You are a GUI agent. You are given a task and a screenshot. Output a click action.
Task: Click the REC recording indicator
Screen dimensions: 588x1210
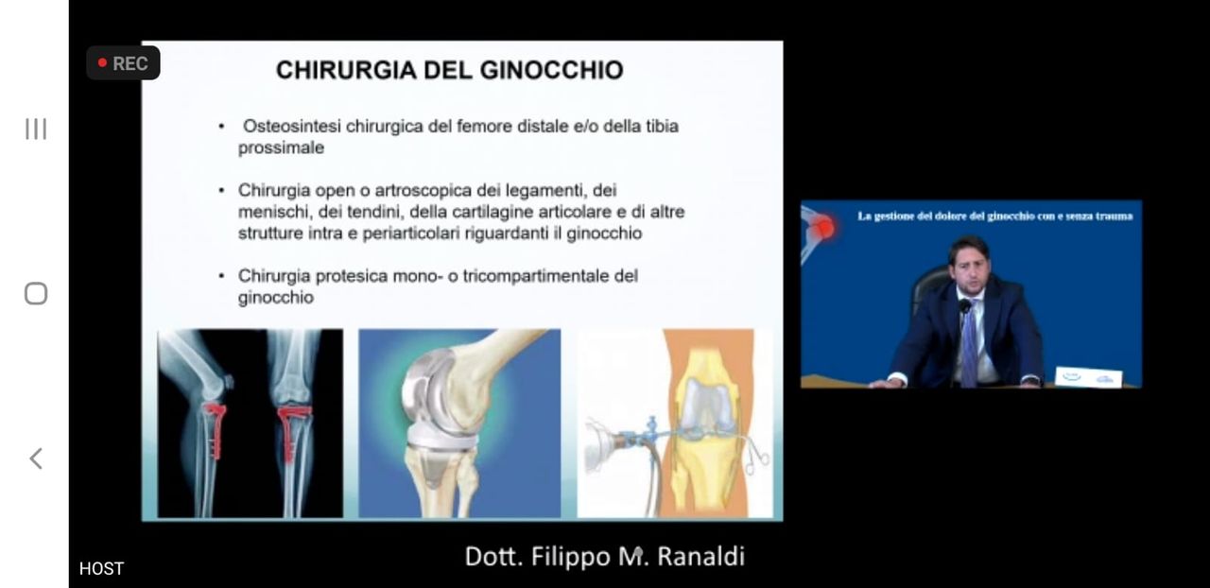point(123,63)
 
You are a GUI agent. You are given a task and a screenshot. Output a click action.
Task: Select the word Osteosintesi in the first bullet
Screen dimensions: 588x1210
point(292,126)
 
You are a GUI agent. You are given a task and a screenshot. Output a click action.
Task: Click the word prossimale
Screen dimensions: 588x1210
point(281,147)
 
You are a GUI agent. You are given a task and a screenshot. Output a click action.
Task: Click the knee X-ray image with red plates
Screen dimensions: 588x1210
point(251,423)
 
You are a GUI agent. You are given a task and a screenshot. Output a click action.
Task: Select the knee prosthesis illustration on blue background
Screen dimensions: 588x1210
point(459,423)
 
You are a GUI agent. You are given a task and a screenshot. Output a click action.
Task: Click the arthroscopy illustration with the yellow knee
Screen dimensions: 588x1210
point(675,423)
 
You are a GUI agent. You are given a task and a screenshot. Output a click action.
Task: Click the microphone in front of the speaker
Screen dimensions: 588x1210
point(964,308)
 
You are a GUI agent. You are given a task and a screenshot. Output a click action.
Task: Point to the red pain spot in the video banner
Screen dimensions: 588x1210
point(824,227)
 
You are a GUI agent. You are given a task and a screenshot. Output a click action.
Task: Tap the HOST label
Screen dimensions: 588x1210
point(101,568)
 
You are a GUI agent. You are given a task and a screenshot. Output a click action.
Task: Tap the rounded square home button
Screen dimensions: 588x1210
point(36,294)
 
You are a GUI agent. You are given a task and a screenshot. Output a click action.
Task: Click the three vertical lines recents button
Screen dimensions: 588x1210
point(36,129)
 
